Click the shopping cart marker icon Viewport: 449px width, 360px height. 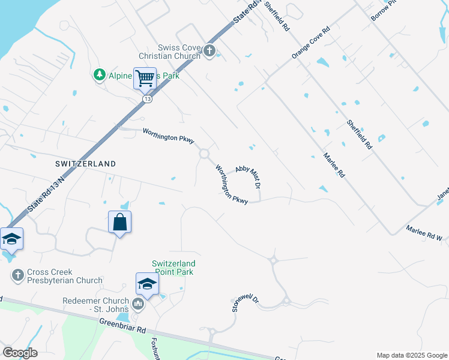pyautogui.click(x=145, y=78)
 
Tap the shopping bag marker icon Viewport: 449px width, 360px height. pyautogui.click(x=120, y=222)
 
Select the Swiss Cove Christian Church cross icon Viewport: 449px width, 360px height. pyautogui.click(x=209, y=51)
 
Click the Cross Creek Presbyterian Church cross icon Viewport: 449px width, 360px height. pyautogui.click(x=17, y=275)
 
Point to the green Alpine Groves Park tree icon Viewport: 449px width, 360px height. pyautogui.click(x=99, y=76)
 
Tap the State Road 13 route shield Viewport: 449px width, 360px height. pyautogui.click(x=148, y=99)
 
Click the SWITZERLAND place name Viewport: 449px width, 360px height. pyautogui.click(x=85, y=164)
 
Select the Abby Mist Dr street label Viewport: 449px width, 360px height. pyautogui.click(x=248, y=178)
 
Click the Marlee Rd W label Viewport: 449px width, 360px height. pyautogui.click(x=424, y=233)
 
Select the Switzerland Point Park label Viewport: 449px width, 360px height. pyautogui.click(x=173, y=267)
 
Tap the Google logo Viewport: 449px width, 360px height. pyautogui.click(x=20, y=353)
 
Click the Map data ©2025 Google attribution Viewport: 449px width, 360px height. pyautogui.click(x=411, y=355)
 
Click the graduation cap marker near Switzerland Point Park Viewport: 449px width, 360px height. pyautogui.click(x=147, y=284)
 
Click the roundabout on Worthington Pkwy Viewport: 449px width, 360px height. pyautogui.click(x=204, y=154)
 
